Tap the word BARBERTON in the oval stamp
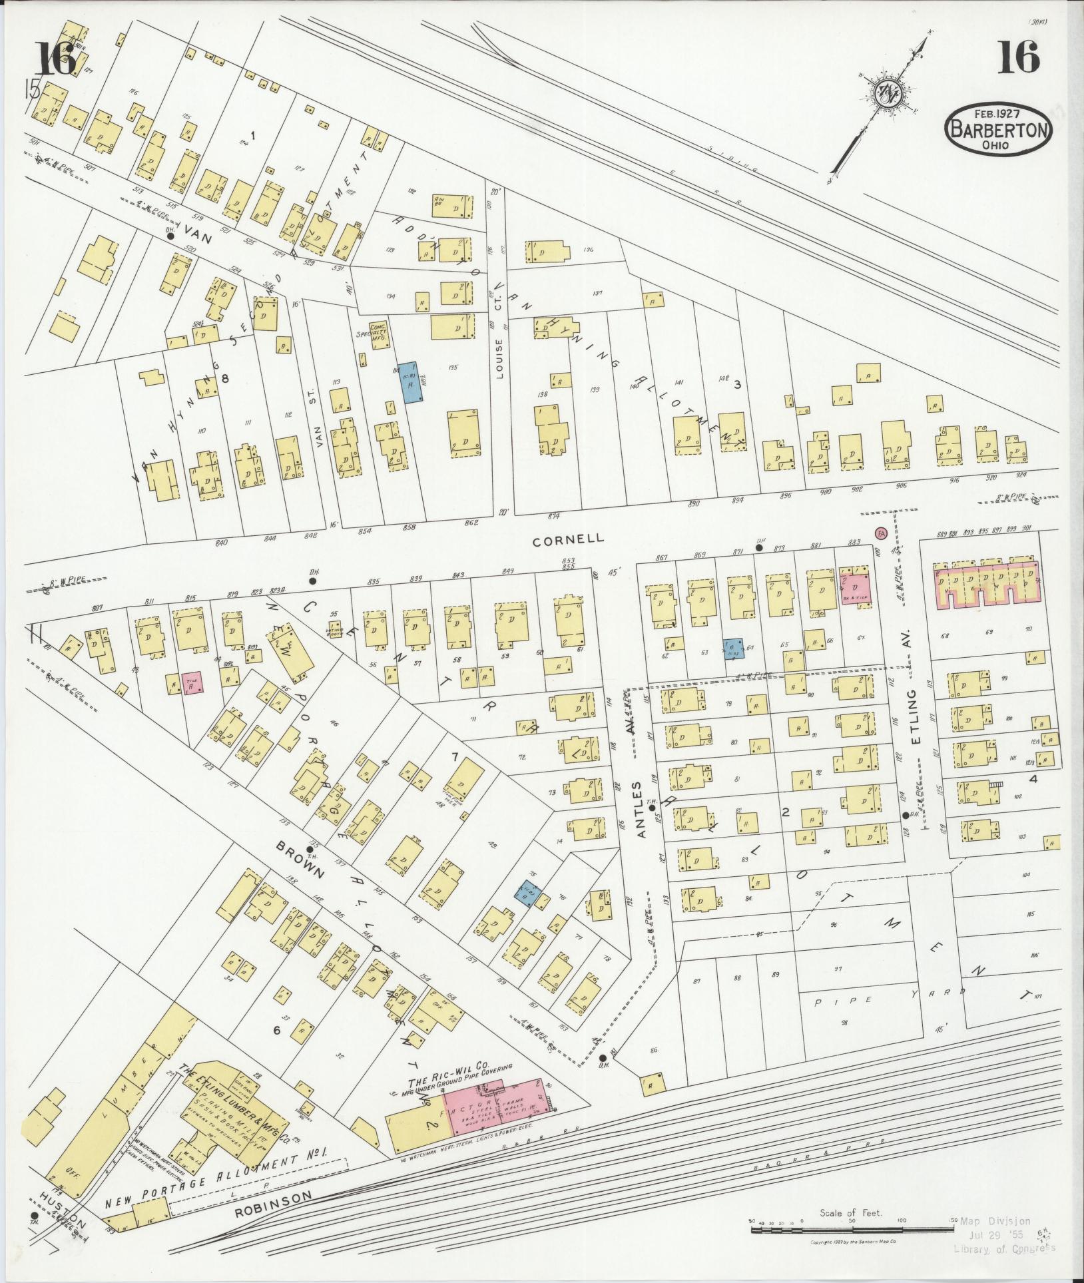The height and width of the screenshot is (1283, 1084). point(998,130)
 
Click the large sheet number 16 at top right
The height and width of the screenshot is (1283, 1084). point(1018,58)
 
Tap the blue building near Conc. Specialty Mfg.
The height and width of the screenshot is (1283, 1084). point(409,382)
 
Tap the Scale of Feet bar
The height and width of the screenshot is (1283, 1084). point(852,1229)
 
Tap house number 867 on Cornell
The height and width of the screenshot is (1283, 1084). point(661,557)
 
